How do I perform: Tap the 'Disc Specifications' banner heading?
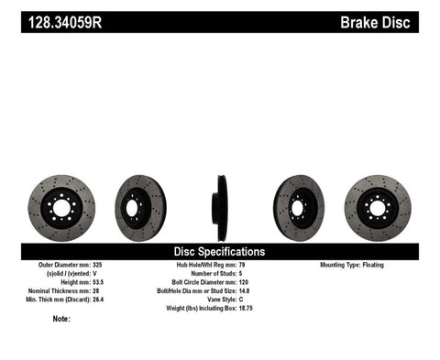[219, 250]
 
